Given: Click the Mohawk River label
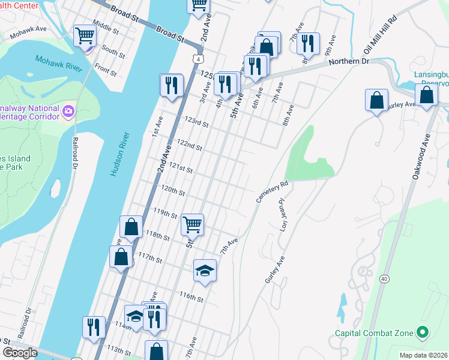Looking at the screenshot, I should coord(58,64).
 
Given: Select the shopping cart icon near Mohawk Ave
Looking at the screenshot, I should coord(85,36).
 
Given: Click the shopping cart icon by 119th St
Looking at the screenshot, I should coord(192,225).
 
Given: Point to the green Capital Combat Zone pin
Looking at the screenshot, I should coord(423,332).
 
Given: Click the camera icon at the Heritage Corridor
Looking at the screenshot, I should coord(69,111).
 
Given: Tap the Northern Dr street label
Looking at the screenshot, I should coord(344,61).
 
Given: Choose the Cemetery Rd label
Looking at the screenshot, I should coord(273,191).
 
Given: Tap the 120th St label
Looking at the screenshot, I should coord(172,191).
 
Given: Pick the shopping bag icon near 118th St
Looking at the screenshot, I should coord(131,227).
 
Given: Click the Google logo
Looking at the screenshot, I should coord(20,353).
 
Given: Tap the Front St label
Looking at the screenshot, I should coord(105,71).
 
